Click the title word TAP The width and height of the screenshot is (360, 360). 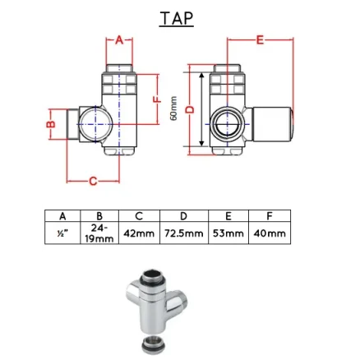(x=176, y=17)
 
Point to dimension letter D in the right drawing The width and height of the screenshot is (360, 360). (x=190, y=109)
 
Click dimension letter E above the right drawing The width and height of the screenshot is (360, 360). (x=261, y=39)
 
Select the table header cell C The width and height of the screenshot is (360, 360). (x=138, y=215)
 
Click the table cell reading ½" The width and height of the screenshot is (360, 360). (x=62, y=233)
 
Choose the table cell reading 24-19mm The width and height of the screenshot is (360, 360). (x=99, y=233)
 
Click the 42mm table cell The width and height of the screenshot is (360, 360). (x=138, y=233)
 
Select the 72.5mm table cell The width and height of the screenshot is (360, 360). (x=182, y=233)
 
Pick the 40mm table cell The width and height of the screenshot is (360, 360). (x=270, y=233)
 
